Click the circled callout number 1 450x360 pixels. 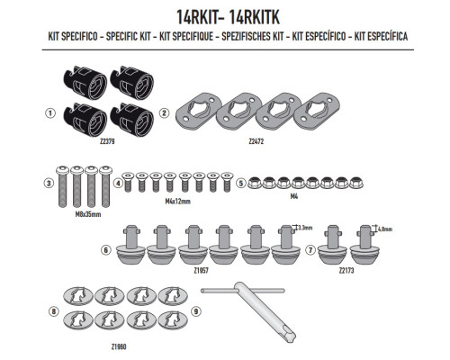(50, 113)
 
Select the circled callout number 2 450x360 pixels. (164, 113)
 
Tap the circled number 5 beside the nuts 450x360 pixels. (240, 183)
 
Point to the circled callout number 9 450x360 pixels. (196, 311)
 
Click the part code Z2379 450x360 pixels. (107, 141)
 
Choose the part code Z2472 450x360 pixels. (256, 141)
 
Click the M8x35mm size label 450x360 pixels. (88, 214)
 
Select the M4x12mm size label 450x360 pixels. (178, 202)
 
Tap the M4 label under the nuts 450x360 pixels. (294, 196)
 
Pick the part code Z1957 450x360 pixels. (201, 271)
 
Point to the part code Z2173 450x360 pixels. (346, 271)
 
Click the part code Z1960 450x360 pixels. (119, 346)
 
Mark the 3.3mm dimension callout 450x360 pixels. (305, 228)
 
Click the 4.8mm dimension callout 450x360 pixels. (385, 229)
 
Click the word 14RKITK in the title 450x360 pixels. (254, 17)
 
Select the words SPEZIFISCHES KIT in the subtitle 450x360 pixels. (253, 36)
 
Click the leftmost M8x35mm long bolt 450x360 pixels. (62, 186)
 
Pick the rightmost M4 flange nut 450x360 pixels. (355, 183)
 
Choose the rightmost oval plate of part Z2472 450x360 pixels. (317, 110)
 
